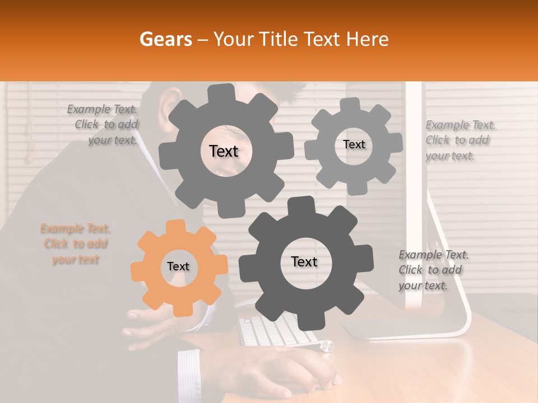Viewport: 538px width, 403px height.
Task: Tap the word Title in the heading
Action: [x=279, y=39]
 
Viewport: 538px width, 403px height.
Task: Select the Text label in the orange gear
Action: [x=178, y=267]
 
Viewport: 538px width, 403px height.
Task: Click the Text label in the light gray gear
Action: [x=354, y=144]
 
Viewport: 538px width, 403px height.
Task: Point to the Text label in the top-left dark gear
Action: [x=224, y=151]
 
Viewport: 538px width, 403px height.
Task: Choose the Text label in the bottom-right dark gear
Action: [x=304, y=262]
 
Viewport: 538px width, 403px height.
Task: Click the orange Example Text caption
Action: [x=75, y=244]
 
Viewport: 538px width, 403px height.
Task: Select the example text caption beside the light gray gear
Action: [x=460, y=140]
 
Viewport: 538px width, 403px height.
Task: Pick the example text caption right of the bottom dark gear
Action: [x=433, y=270]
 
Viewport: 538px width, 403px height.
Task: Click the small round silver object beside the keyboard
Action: [x=327, y=346]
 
